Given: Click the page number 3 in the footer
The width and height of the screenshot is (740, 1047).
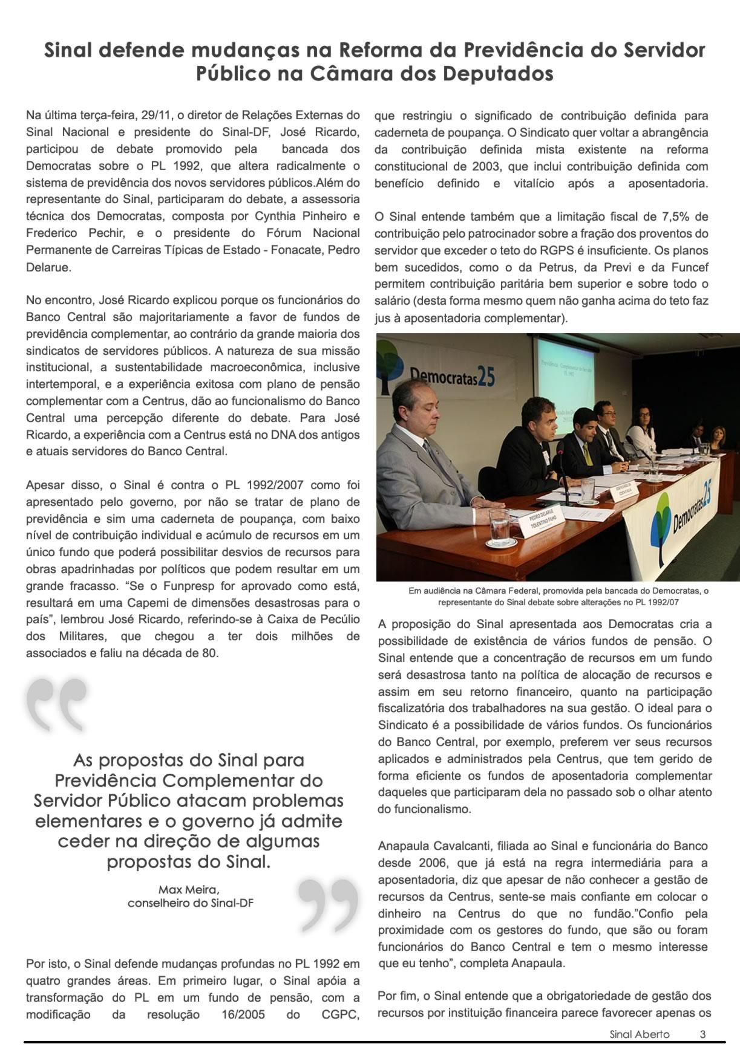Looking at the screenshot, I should (702, 1034).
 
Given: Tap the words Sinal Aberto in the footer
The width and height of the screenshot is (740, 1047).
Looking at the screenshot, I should (635, 1034).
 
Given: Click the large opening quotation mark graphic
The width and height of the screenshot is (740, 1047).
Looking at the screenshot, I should (57, 705).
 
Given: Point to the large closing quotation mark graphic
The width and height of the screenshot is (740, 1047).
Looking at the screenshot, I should (328, 904).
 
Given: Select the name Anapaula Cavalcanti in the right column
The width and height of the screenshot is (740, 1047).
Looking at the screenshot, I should (433, 846).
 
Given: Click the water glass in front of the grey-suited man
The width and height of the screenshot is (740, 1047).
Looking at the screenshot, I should (499, 523).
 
